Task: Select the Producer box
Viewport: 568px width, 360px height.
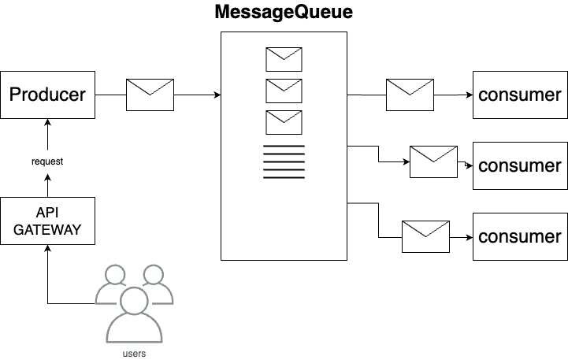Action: tap(47, 95)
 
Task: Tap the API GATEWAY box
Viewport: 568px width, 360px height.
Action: tap(47, 221)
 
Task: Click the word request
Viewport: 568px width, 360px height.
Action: tap(47, 161)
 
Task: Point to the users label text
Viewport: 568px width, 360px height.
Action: tap(135, 354)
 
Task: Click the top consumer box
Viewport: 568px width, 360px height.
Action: tap(519, 95)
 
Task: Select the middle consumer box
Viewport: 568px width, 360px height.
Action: tap(519, 165)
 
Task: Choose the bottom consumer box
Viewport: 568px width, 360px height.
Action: tap(519, 236)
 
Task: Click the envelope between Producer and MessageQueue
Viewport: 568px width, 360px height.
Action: tap(150, 95)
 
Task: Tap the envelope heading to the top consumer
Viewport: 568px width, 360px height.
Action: tap(410, 95)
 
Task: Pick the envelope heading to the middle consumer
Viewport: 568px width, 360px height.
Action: tap(433, 161)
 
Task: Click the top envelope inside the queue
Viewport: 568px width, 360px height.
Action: tap(284, 60)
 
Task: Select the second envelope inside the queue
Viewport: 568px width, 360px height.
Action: tap(284, 91)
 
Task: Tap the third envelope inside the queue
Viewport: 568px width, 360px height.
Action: tap(284, 123)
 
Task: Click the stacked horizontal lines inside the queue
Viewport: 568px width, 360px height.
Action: tap(284, 161)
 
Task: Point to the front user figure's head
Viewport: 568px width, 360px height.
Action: tap(135, 301)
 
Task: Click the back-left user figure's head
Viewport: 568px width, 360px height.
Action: tap(115, 275)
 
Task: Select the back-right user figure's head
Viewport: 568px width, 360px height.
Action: tap(154, 275)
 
